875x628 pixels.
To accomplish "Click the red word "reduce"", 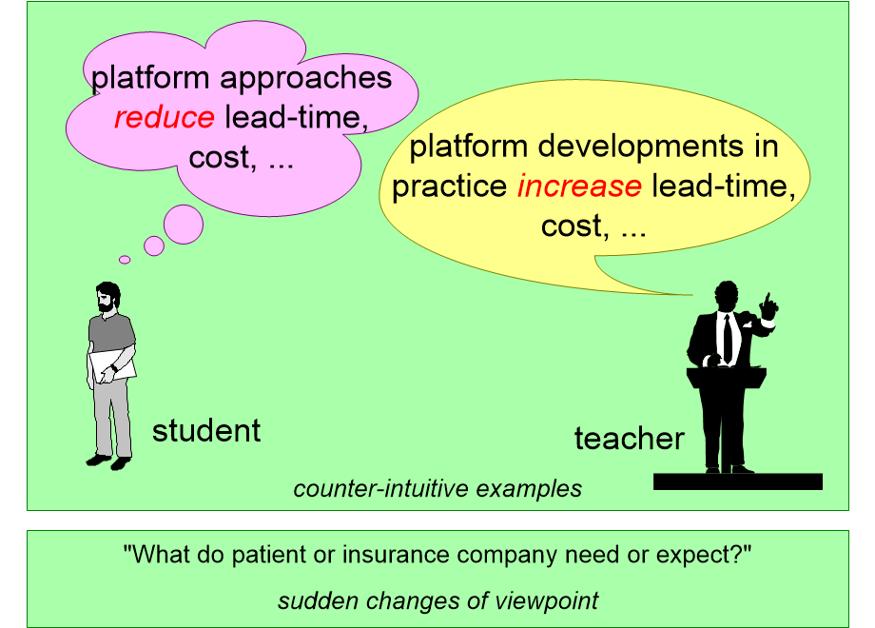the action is [x=165, y=117].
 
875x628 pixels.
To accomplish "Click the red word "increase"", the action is [x=579, y=186].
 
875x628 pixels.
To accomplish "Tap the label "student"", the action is [x=206, y=431].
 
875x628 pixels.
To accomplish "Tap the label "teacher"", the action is [x=630, y=439].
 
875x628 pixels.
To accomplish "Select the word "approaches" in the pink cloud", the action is [x=306, y=78].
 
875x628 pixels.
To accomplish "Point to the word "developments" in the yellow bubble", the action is [x=641, y=147].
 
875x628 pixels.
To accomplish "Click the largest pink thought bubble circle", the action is [x=184, y=225].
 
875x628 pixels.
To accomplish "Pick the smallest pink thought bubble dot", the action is [x=125, y=260].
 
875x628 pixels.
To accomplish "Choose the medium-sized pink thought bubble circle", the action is [x=154, y=245].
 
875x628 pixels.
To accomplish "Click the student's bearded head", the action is [x=108, y=297].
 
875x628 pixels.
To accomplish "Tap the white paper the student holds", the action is [x=113, y=365].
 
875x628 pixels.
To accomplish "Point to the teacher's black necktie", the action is [x=728, y=339].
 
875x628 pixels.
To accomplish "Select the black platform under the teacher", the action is [x=738, y=481].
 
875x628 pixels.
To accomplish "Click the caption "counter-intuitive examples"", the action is [x=437, y=489].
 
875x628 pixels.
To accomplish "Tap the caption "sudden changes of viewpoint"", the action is [x=438, y=601].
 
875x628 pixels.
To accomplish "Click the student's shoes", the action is [x=108, y=461].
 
